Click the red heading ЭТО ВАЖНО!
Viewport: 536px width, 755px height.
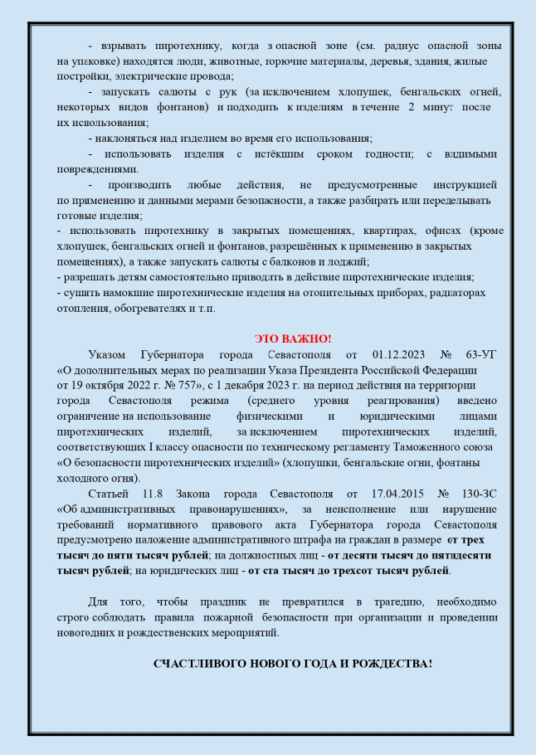click(292, 339)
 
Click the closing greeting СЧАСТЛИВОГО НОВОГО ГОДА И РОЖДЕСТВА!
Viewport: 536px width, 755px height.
click(292, 665)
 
